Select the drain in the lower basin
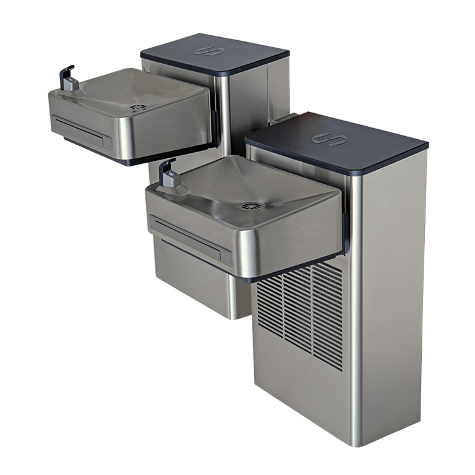point(250,205)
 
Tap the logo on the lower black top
point(328,139)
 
